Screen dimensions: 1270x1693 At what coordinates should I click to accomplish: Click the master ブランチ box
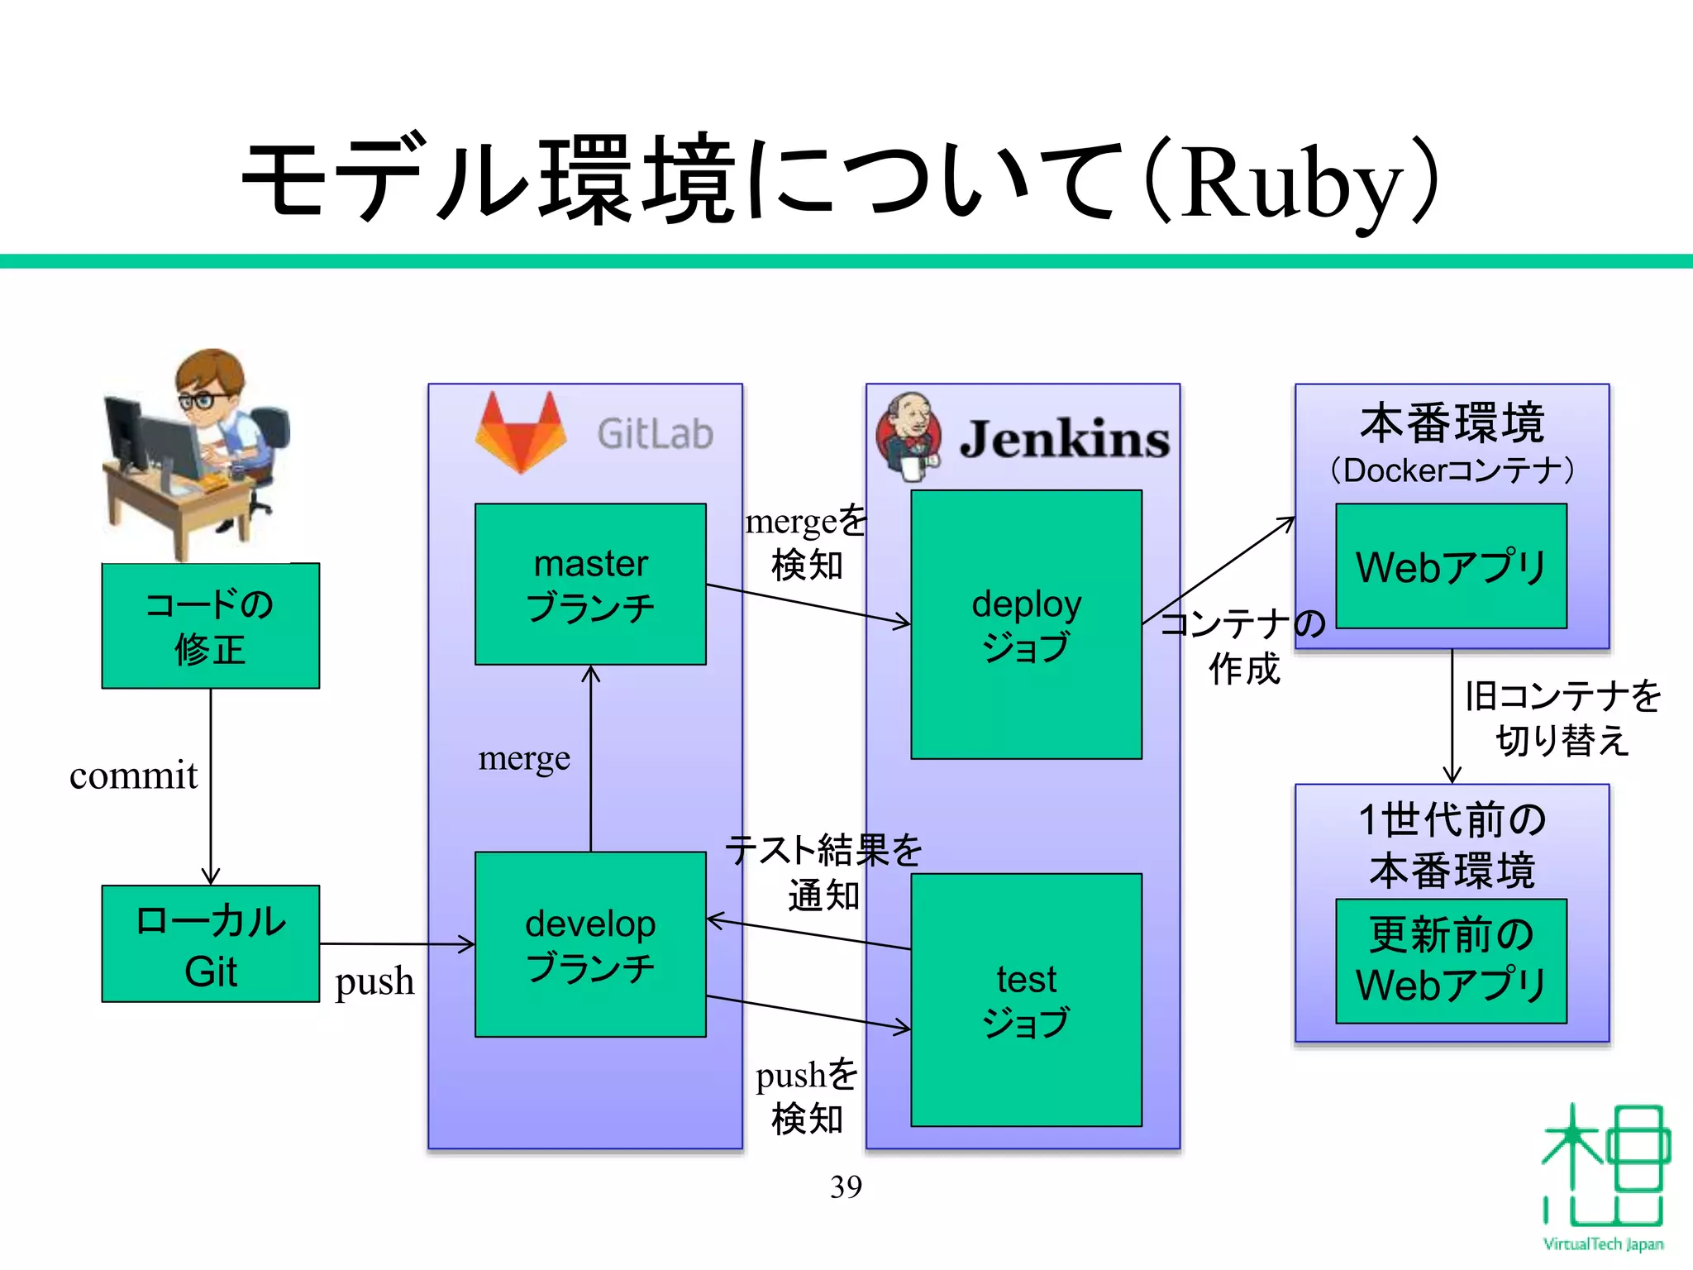pyautogui.click(x=590, y=584)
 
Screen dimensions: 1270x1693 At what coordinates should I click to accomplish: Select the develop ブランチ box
pyautogui.click(x=590, y=944)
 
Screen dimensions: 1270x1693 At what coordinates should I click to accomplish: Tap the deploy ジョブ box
pyautogui.click(x=1026, y=625)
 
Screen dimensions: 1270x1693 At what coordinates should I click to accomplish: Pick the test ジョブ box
pyautogui.click(x=1026, y=1000)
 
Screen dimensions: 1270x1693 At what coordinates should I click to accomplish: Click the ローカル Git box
pyautogui.click(x=210, y=944)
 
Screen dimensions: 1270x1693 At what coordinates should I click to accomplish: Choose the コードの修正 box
pyautogui.click(x=210, y=626)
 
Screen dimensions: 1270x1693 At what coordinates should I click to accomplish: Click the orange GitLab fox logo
pyautogui.click(x=521, y=432)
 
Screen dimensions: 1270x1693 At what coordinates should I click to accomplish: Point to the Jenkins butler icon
pyautogui.click(x=908, y=436)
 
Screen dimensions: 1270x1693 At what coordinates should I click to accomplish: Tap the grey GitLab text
pyautogui.click(x=655, y=434)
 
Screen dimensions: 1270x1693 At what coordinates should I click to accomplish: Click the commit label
pyautogui.click(x=133, y=776)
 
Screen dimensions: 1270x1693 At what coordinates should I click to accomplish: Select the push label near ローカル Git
pyautogui.click(x=374, y=981)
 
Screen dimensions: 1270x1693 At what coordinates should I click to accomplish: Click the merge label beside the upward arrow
pyautogui.click(x=524, y=757)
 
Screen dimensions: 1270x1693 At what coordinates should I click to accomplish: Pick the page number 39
pyautogui.click(x=846, y=1186)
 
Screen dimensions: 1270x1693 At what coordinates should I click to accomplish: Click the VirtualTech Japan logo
pyautogui.click(x=1603, y=1174)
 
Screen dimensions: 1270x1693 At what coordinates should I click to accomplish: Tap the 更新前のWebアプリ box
pyautogui.click(x=1451, y=961)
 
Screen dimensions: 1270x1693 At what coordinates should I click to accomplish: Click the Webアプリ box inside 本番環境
pyautogui.click(x=1451, y=566)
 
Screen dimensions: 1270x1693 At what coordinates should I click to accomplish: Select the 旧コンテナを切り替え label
pyautogui.click(x=1562, y=717)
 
